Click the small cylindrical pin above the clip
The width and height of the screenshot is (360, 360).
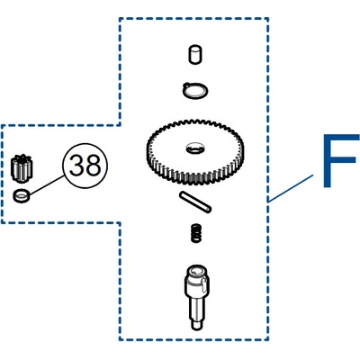(x=195, y=54)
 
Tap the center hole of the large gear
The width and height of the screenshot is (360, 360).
(x=195, y=148)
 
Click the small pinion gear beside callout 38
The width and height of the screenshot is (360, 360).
(x=22, y=168)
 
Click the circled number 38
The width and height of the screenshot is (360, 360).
(x=85, y=166)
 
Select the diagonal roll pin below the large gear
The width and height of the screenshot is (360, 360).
(x=195, y=202)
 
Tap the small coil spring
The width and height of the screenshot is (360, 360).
(x=196, y=233)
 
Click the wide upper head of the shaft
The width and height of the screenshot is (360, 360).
(x=196, y=281)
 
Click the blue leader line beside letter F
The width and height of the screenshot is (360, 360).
(x=291, y=188)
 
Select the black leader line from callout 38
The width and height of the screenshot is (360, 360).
(x=47, y=185)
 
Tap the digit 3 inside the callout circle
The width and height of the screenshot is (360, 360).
(x=76, y=166)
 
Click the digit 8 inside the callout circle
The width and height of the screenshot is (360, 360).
(x=93, y=166)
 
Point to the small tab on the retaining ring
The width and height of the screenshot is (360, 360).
(x=186, y=85)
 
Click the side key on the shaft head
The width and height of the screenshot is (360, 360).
(x=204, y=283)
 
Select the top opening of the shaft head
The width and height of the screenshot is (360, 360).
(x=196, y=270)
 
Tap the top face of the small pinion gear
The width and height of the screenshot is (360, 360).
(x=22, y=158)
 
